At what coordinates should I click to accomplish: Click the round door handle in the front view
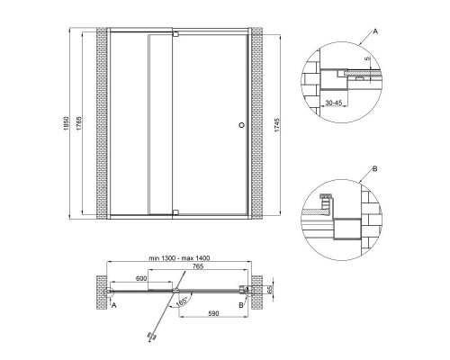click(240, 126)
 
